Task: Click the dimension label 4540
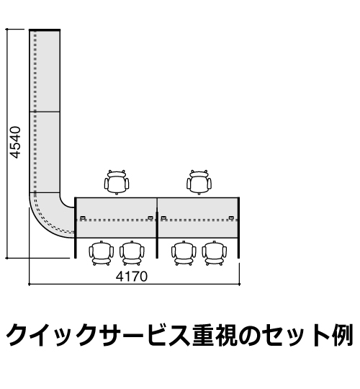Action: coord(15,142)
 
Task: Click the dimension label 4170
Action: coord(132,276)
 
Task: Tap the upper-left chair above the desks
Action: coord(117,182)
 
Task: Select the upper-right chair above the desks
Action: coord(199,182)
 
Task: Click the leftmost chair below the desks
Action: coord(102,253)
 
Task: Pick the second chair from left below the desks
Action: coord(132,253)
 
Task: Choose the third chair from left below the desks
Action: coord(184,253)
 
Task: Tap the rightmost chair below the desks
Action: coord(215,253)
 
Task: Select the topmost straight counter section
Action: coord(45,71)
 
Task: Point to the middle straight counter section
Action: coord(45,152)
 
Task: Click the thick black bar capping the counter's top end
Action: coord(45,30)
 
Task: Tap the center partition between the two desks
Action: coord(157,228)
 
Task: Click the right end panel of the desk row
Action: coord(239,228)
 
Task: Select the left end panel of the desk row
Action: coord(76,228)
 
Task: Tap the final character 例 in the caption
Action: coord(343,336)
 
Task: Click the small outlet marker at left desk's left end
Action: coord(83,218)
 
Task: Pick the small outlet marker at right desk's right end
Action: coord(231,218)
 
